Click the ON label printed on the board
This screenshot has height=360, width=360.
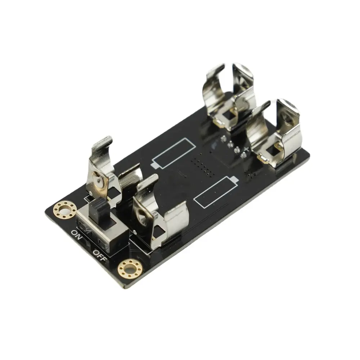(77, 235)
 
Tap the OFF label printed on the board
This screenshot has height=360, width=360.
(100, 256)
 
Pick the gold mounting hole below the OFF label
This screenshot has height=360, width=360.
(130, 269)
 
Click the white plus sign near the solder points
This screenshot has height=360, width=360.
(246, 149)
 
